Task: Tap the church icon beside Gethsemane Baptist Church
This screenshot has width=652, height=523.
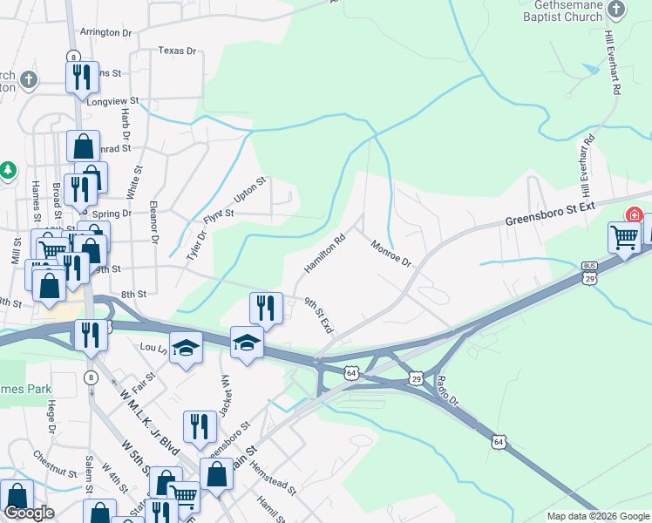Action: pyautogui.click(x=617, y=9)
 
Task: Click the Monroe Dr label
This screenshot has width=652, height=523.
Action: pyautogui.click(x=391, y=254)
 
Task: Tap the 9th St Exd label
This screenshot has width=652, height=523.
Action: pyautogui.click(x=319, y=315)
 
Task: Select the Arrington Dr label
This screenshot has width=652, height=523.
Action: pyautogui.click(x=105, y=32)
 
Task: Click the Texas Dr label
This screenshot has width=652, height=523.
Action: pyautogui.click(x=177, y=51)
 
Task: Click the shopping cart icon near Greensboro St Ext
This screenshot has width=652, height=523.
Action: pyautogui.click(x=624, y=238)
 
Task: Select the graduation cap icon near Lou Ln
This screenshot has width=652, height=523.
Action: pyautogui.click(x=185, y=348)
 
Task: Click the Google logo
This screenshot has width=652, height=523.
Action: pyautogui.click(x=30, y=513)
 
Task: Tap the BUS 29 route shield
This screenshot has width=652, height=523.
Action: pyautogui.click(x=591, y=272)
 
